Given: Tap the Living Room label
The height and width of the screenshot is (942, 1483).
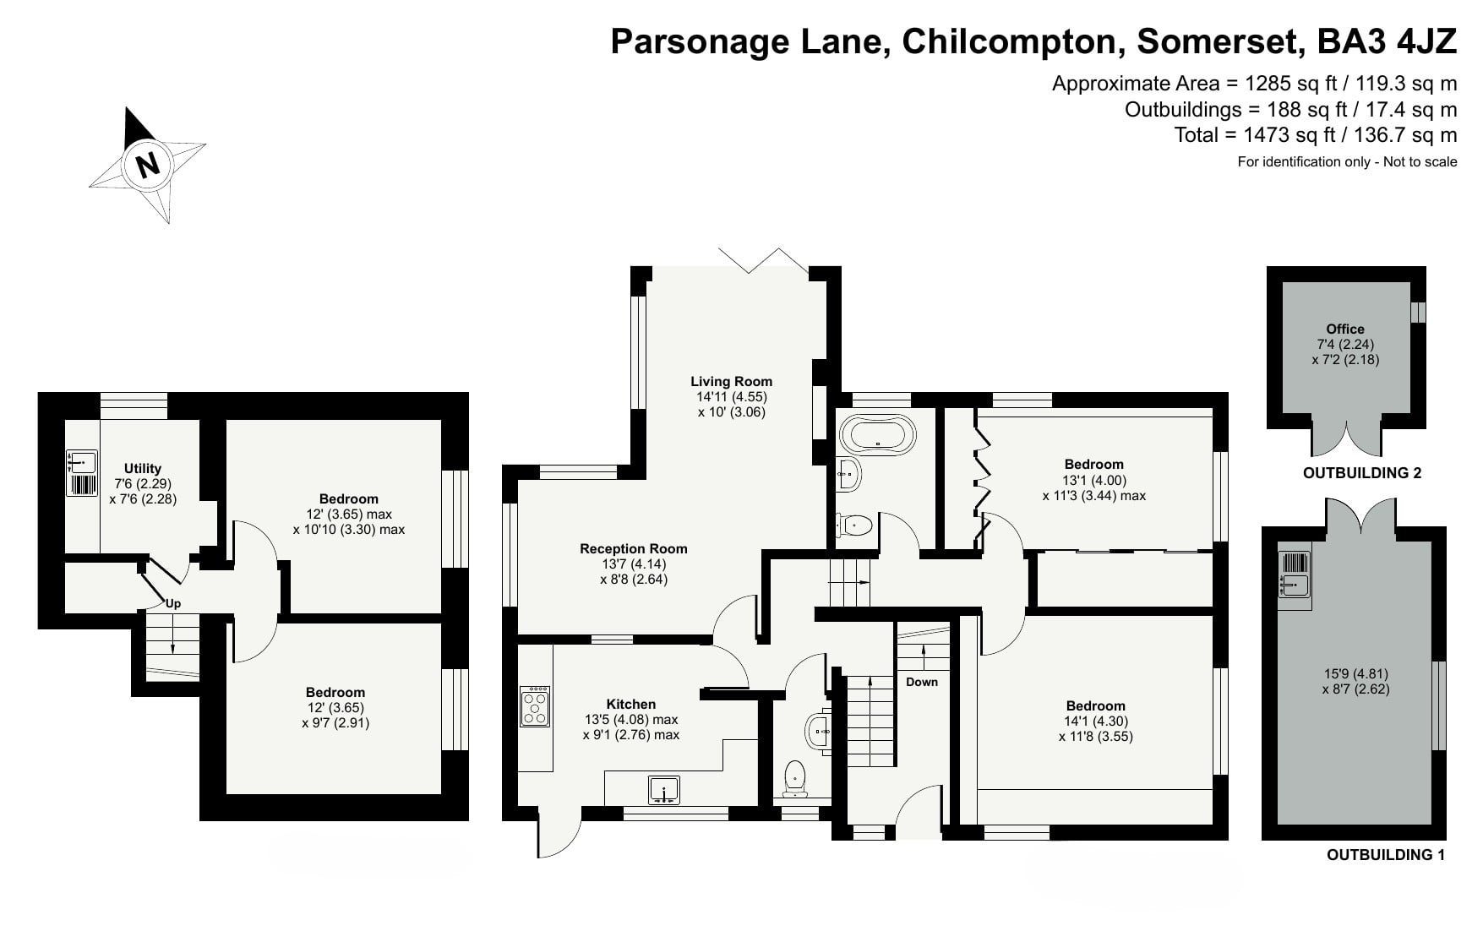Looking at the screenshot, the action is tap(731, 381).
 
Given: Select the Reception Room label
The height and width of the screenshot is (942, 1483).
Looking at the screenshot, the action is tap(634, 548).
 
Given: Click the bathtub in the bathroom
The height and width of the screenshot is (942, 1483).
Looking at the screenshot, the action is tap(878, 435).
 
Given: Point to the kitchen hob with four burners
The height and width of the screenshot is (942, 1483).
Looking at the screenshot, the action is tap(535, 706).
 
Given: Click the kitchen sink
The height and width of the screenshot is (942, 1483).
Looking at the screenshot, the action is tap(664, 790).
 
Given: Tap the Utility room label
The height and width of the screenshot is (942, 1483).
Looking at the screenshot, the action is tap(143, 468).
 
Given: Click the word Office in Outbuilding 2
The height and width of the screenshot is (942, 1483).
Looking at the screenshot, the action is tap(1345, 329).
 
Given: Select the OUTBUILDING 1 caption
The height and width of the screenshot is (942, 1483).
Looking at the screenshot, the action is tap(1386, 854).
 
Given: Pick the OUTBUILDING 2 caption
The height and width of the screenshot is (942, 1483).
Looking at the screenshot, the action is tap(1362, 473).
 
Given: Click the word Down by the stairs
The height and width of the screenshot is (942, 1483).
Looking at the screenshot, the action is tap(922, 682).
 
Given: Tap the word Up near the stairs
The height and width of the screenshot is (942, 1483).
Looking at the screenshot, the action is tap(173, 603).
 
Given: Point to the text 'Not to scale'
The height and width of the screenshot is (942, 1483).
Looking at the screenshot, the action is tap(1420, 161).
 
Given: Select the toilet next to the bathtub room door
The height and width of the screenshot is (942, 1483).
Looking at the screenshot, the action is tap(853, 525).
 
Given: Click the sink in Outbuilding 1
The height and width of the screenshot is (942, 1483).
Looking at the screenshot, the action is tap(1295, 582).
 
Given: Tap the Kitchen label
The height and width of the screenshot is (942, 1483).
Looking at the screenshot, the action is tap(631, 704).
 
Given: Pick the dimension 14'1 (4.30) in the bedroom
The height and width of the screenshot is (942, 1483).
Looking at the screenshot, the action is tap(1096, 721).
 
